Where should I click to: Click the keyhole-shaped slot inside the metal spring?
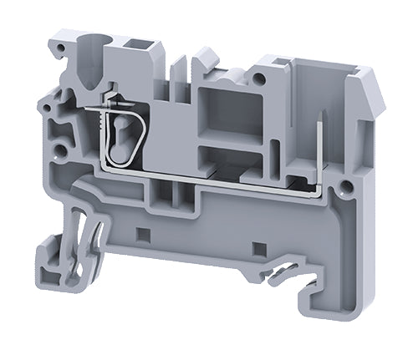[x=121, y=132]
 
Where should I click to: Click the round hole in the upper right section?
[x=262, y=78]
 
